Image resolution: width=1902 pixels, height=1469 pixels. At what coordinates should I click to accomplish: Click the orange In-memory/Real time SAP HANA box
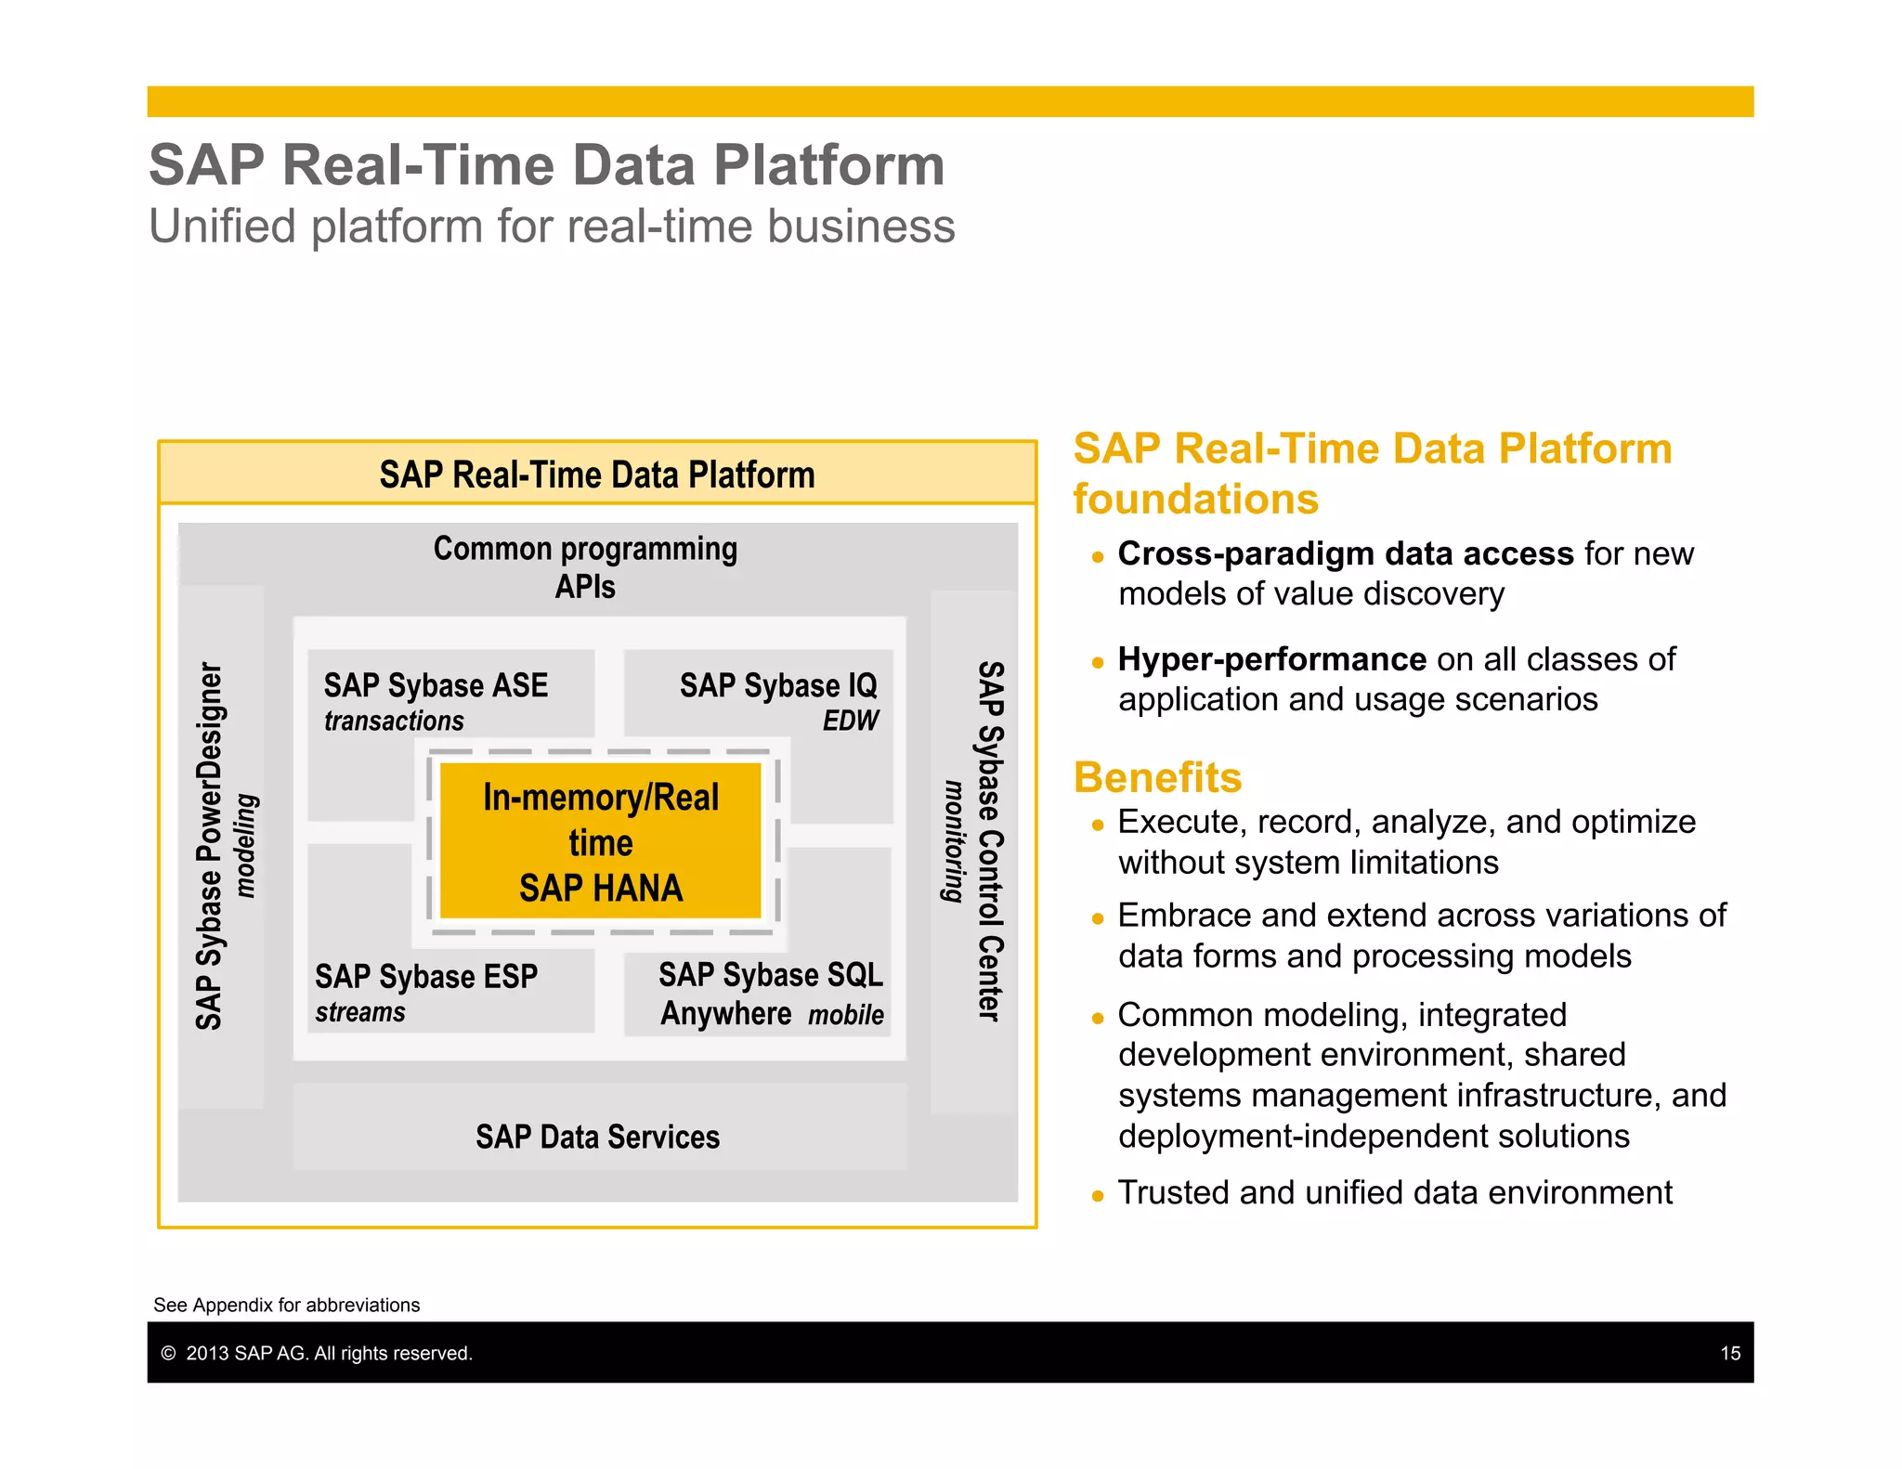(600, 841)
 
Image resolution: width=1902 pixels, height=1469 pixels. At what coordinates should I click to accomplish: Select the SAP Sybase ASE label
(436, 685)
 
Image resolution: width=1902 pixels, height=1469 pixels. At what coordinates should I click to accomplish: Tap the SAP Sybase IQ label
(777, 685)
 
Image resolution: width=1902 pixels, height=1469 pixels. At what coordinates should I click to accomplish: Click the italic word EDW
(850, 721)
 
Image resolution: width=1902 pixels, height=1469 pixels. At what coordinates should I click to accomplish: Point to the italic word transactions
(394, 721)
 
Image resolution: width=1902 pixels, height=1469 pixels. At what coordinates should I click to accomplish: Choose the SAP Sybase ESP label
(426, 977)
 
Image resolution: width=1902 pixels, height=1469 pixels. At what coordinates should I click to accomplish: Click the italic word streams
(360, 1012)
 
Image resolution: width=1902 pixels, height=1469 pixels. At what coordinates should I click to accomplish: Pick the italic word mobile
(845, 1015)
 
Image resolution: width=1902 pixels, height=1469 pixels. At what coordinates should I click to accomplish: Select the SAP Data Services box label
(597, 1137)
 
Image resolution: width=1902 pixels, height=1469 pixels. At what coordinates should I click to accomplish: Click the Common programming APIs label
(585, 566)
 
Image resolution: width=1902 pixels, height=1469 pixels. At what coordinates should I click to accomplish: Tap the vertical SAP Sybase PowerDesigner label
(210, 845)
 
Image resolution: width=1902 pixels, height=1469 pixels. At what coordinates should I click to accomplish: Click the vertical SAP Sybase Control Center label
(991, 841)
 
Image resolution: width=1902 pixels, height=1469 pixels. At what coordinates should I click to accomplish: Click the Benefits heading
(1157, 778)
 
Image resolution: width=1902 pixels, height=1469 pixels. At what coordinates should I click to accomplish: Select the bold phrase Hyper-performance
(1271, 659)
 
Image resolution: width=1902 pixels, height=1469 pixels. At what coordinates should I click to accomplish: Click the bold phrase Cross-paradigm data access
(1345, 553)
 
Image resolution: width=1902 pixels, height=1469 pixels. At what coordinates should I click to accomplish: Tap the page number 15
(1729, 1353)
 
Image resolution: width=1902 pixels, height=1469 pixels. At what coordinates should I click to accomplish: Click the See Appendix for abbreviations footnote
(286, 1305)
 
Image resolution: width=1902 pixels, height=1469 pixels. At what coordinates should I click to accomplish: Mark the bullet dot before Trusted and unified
(1098, 1196)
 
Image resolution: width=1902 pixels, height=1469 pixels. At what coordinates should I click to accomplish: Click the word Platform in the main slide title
(828, 165)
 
